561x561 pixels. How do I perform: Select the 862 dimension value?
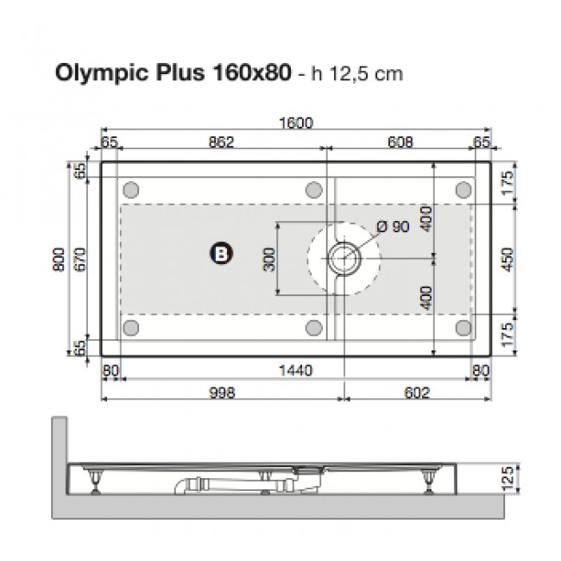(222, 142)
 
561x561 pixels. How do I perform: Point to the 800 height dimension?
(58, 258)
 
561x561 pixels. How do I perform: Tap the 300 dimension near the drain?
(268, 258)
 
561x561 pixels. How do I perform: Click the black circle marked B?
(221, 252)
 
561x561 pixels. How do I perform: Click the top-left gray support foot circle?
(132, 189)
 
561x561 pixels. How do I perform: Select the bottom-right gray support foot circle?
(463, 327)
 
